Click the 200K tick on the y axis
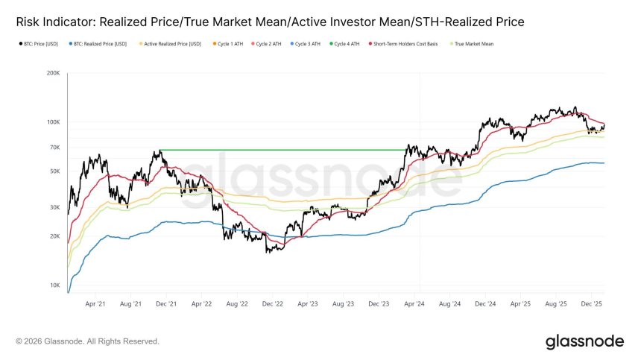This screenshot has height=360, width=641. pyautogui.click(x=53, y=74)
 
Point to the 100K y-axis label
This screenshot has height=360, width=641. pyautogui.click(x=53, y=122)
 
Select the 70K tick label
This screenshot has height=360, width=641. pyautogui.click(x=54, y=148)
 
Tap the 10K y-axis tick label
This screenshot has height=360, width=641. pyautogui.click(x=54, y=285)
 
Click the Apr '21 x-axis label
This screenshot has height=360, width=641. pyautogui.click(x=95, y=304)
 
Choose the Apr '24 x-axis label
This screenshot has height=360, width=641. pyautogui.click(x=415, y=304)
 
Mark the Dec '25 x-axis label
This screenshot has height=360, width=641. pyautogui.click(x=593, y=304)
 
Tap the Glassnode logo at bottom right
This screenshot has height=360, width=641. pyautogui.click(x=584, y=341)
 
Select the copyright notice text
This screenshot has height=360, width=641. pyautogui.click(x=87, y=341)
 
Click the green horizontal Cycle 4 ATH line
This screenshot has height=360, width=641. pyautogui.click(x=283, y=150)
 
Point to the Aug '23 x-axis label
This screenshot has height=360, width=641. pyautogui.click(x=344, y=304)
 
